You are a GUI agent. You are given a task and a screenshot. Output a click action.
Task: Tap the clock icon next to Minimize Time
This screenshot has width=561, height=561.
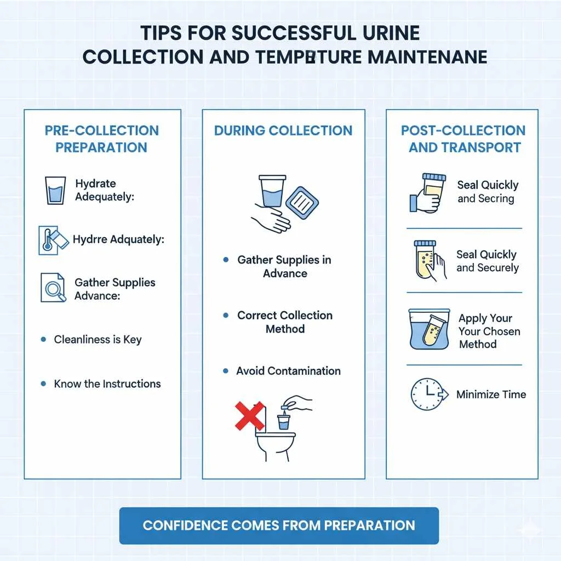point(426,394)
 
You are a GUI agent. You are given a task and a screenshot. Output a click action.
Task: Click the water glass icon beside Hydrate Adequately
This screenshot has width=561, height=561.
point(55,190)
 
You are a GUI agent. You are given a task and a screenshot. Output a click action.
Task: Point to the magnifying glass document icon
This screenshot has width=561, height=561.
point(54,288)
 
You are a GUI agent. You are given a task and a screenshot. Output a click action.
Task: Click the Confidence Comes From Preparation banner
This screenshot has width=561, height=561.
point(279,525)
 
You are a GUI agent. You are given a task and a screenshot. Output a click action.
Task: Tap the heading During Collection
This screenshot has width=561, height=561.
point(283,130)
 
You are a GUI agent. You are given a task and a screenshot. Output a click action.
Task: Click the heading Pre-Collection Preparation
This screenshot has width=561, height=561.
point(102,139)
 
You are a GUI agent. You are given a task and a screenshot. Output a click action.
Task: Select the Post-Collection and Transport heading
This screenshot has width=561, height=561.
point(463,139)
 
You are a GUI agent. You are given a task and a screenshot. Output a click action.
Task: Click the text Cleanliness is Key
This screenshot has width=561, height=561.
point(98,340)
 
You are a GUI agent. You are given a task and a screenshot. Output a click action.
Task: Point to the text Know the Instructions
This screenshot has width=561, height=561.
point(107,383)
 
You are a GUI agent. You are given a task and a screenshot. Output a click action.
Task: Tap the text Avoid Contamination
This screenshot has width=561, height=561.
point(288,371)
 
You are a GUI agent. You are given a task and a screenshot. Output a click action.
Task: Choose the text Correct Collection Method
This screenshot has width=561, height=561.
point(285,322)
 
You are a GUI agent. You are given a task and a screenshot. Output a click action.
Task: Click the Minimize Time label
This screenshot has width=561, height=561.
point(491,394)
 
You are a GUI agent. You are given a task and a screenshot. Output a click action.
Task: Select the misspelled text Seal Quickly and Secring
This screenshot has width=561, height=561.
point(487,192)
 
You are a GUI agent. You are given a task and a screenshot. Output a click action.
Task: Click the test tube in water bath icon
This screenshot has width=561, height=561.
point(429,329)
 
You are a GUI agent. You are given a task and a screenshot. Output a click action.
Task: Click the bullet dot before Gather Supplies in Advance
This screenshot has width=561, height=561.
point(226,260)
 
